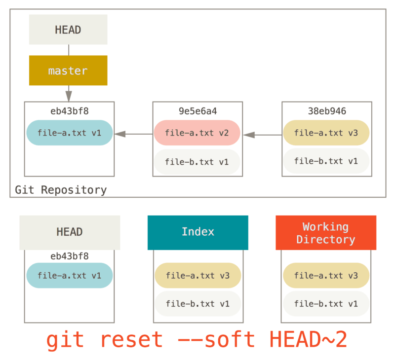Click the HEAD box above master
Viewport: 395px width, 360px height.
(x=68, y=30)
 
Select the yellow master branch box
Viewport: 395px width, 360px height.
(x=68, y=71)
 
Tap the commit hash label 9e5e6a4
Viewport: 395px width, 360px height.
(x=197, y=111)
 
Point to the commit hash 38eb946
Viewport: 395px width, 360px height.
(x=326, y=111)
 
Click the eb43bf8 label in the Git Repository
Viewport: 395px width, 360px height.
(x=69, y=111)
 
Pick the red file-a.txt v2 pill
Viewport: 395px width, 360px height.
(x=197, y=133)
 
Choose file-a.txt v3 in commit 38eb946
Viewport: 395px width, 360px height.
(x=326, y=133)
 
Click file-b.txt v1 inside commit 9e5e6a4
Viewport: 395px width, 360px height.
(x=197, y=162)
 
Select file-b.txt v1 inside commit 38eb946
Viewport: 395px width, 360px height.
(x=326, y=161)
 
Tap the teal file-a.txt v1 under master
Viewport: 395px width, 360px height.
(x=69, y=133)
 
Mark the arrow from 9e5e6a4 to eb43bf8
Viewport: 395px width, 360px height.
(x=133, y=134)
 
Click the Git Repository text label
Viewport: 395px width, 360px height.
(x=61, y=190)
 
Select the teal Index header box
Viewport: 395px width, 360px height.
(x=197, y=232)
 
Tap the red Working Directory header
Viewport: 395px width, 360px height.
(x=326, y=233)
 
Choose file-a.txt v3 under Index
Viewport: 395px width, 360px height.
(x=197, y=276)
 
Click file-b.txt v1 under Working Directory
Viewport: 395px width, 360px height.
(x=326, y=304)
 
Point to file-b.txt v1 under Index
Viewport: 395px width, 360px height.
(x=197, y=304)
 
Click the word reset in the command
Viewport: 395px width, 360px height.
(x=131, y=340)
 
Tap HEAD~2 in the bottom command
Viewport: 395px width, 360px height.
(x=309, y=340)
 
